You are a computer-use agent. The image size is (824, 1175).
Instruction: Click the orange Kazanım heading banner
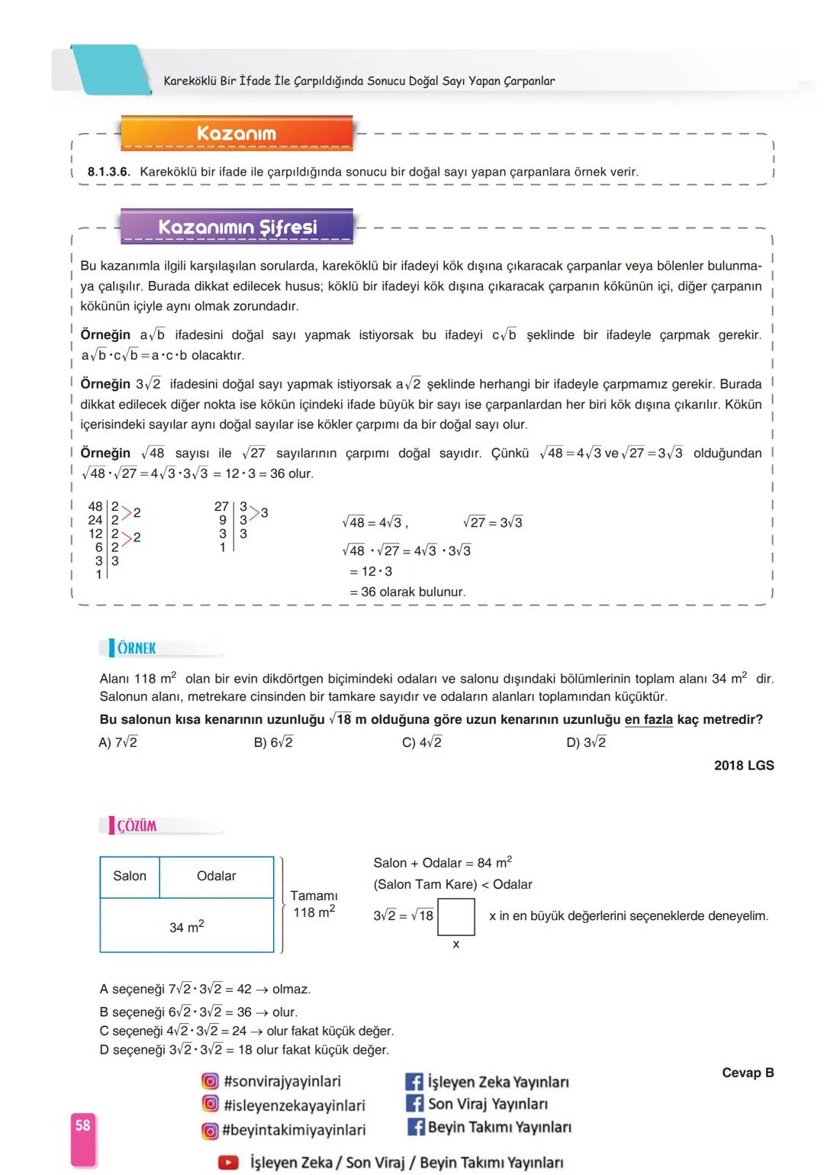click(237, 134)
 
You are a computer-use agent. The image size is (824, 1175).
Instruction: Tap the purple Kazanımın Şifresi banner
click(237, 228)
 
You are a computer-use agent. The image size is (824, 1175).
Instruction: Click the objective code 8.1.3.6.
click(108, 172)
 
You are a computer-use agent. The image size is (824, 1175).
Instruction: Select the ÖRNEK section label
click(136, 648)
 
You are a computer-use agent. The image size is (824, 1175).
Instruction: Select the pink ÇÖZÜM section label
click(136, 825)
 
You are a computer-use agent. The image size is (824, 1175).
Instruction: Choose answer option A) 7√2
click(118, 742)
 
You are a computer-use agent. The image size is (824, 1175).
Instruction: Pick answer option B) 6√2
click(273, 742)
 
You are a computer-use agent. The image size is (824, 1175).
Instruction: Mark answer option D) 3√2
click(586, 742)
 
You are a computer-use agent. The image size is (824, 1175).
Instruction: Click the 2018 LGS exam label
click(744, 765)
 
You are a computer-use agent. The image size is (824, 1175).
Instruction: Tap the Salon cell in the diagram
click(130, 876)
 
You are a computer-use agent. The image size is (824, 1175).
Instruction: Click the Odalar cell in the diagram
click(217, 876)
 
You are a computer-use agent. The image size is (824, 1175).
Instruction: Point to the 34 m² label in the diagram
click(187, 927)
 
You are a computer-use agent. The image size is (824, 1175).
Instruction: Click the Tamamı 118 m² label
click(314, 904)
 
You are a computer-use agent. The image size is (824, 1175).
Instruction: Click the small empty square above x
click(456, 916)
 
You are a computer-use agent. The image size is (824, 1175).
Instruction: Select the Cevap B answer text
click(748, 1073)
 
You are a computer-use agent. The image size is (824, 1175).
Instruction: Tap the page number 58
click(82, 1125)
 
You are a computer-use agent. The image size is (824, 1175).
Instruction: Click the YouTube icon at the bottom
click(228, 1162)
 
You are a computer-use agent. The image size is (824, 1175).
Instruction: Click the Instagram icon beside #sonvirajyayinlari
click(210, 1081)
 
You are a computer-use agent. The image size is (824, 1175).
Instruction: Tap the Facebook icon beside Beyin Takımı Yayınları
click(415, 1127)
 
